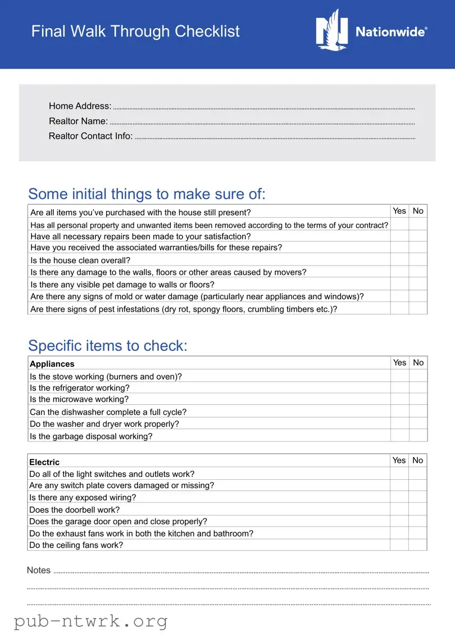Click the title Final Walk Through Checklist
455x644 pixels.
click(135, 31)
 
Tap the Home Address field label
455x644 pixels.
click(80, 106)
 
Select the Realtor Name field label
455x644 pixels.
click(78, 121)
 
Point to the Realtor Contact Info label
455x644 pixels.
click(90, 136)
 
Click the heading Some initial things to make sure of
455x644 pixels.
click(147, 194)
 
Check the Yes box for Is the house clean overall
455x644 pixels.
click(399, 260)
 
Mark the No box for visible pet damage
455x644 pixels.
click(418, 284)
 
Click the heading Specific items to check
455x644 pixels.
click(108, 345)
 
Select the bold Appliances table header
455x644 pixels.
click(52, 364)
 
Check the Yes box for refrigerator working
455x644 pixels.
click(399, 388)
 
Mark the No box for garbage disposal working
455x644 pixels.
click(418, 435)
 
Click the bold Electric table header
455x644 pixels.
click(44, 462)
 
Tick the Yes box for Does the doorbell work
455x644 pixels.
click(399, 510)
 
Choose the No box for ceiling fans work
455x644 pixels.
click(417, 544)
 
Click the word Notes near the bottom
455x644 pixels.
click(39, 570)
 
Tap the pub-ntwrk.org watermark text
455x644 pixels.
click(90, 622)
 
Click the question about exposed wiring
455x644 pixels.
click(83, 497)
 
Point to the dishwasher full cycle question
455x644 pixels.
click(108, 412)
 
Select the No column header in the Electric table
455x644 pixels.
click(417, 460)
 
